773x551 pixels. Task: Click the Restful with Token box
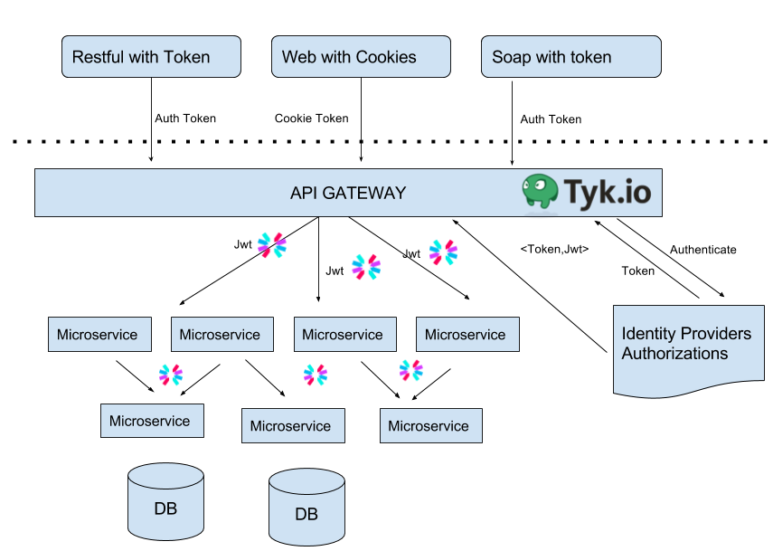pyautogui.click(x=151, y=56)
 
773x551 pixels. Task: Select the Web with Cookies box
pyautogui.click(x=361, y=56)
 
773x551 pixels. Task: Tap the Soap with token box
pyautogui.click(x=570, y=56)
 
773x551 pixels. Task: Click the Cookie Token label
pyautogui.click(x=312, y=119)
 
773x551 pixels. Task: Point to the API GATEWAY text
pyautogui.click(x=348, y=193)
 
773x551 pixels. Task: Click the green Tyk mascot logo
pyautogui.click(x=541, y=191)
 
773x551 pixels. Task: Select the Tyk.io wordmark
pyautogui.click(x=608, y=192)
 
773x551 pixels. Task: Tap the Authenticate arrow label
pyautogui.click(x=703, y=250)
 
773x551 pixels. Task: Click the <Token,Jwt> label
pyautogui.click(x=554, y=249)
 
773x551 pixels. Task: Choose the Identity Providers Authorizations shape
pyautogui.click(x=689, y=350)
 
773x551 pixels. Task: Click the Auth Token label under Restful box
pyautogui.click(x=185, y=119)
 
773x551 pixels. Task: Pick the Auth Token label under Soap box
pyautogui.click(x=551, y=119)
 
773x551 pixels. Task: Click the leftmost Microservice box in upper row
pyautogui.click(x=99, y=335)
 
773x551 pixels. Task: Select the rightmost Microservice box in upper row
pyautogui.click(x=467, y=335)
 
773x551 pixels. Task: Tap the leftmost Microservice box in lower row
pyautogui.click(x=152, y=421)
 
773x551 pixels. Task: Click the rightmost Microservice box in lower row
pyautogui.click(x=431, y=426)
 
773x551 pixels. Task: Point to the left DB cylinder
pyautogui.click(x=165, y=501)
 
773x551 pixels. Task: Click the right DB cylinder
pyautogui.click(x=306, y=507)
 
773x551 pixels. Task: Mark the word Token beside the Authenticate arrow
pyautogui.click(x=638, y=271)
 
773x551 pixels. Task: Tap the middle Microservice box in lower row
pyautogui.click(x=293, y=426)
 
